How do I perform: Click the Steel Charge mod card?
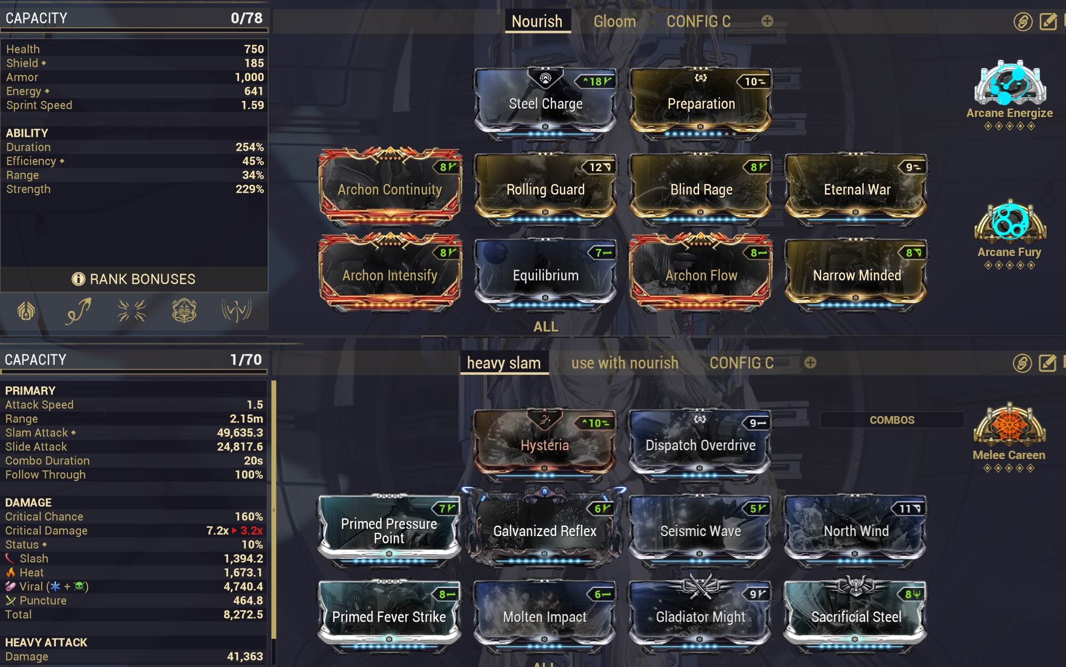tap(546, 104)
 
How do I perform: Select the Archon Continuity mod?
tap(390, 189)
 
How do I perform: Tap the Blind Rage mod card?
tap(701, 189)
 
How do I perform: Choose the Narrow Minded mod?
tap(857, 275)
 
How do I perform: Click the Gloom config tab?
tap(615, 22)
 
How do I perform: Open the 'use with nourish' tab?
tap(625, 363)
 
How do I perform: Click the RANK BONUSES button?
tap(134, 279)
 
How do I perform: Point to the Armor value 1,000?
tap(249, 77)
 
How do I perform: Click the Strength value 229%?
tap(250, 189)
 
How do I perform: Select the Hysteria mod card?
tap(545, 445)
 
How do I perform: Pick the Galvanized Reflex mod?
tap(545, 531)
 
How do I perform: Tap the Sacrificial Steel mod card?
tap(856, 616)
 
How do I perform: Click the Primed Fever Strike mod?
tap(389, 616)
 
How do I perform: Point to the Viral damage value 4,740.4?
tap(243, 587)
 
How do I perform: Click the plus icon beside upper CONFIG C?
tap(767, 21)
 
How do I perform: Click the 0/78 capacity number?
tap(247, 19)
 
